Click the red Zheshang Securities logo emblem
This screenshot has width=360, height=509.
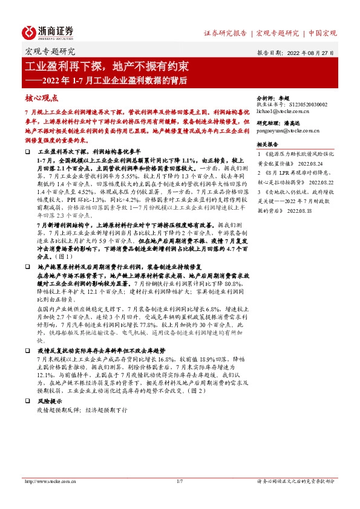29,31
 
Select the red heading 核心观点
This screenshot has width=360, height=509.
42,97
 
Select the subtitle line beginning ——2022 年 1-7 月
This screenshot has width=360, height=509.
105,80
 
